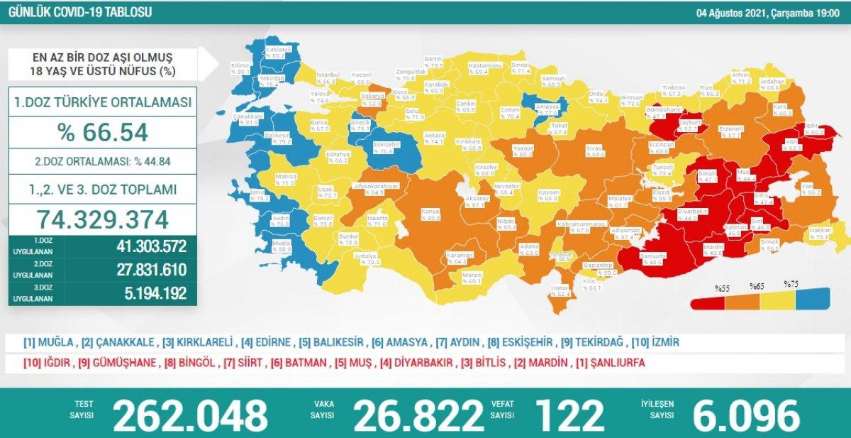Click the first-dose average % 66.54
[x=104, y=132]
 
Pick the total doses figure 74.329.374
[x=104, y=219]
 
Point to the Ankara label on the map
[x=434, y=135]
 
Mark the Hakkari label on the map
[x=821, y=231]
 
